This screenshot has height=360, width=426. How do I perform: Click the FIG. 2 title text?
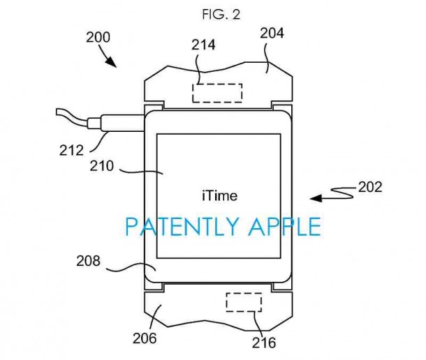[212, 13]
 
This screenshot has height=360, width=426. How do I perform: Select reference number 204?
[272, 33]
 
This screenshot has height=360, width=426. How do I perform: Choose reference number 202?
[369, 187]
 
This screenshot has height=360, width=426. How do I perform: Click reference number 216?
[265, 343]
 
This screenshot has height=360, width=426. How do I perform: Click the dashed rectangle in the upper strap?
[217, 93]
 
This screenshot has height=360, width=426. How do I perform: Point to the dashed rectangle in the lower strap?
[244, 302]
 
